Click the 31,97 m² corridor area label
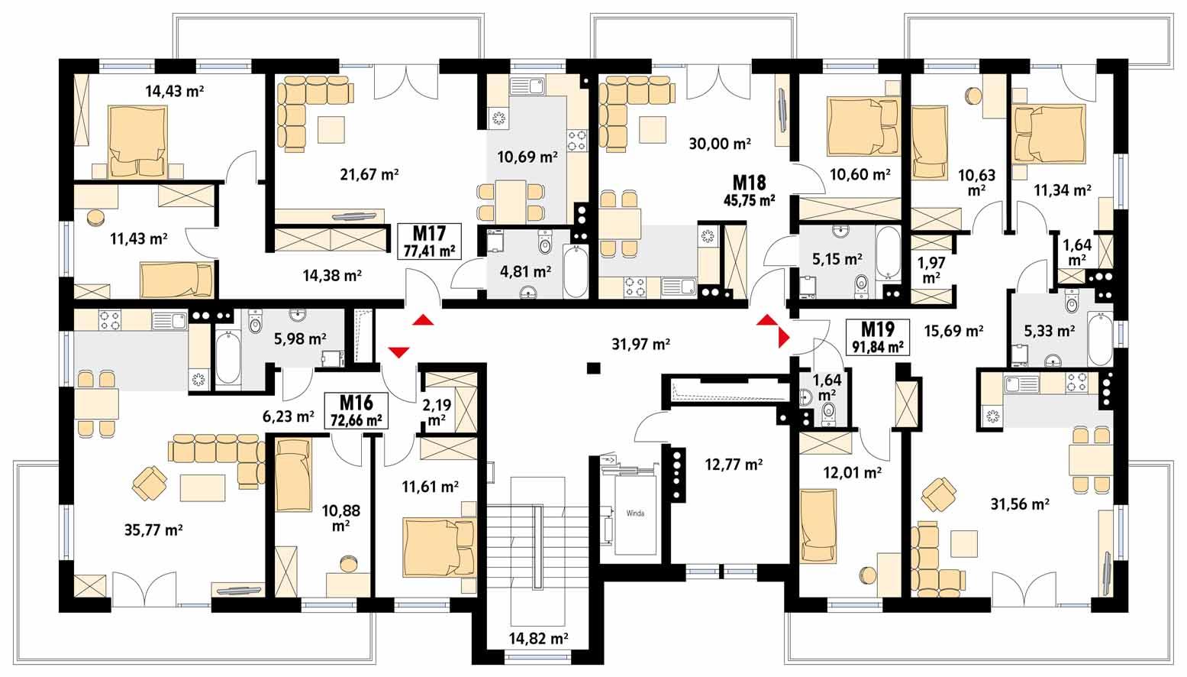point(640,345)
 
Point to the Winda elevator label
point(635,513)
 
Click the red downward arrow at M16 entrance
point(398,351)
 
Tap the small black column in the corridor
point(592,368)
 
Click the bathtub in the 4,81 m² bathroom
point(575,271)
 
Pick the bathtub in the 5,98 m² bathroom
point(227,358)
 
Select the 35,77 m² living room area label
point(153,530)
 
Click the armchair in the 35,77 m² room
point(150,482)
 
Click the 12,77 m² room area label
point(733,464)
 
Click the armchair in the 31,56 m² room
point(939,494)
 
